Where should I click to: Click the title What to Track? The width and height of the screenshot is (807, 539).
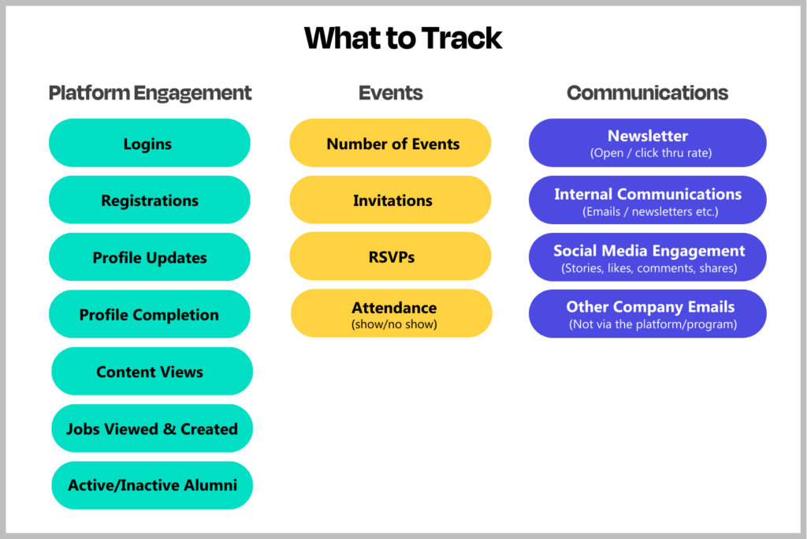[x=403, y=39]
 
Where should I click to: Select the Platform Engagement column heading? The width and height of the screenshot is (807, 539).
[x=150, y=93]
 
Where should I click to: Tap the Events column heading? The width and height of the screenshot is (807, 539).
[x=390, y=93]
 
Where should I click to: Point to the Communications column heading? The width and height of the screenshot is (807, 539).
[x=647, y=93]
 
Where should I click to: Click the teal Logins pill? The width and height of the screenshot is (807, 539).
[x=149, y=144]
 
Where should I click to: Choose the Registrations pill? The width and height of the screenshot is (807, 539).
[x=149, y=200]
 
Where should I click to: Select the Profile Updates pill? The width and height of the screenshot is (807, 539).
[x=149, y=257]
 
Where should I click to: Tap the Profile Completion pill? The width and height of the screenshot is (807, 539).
[x=149, y=314]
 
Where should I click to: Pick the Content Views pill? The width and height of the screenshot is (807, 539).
[x=151, y=372]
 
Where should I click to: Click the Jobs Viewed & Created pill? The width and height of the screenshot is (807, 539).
[x=151, y=429]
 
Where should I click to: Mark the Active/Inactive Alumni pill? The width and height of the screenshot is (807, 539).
[x=151, y=485]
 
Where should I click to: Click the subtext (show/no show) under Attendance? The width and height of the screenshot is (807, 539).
[x=393, y=324]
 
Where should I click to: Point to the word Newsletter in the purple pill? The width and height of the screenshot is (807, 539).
[x=647, y=137]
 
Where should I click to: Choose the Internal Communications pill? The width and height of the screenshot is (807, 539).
[x=647, y=200]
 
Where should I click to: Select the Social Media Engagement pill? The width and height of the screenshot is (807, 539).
[x=647, y=257]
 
